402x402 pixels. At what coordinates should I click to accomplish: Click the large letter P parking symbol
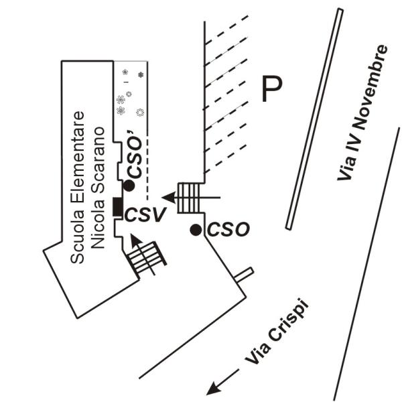(x=272, y=88)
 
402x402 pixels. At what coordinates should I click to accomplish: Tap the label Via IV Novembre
(x=362, y=113)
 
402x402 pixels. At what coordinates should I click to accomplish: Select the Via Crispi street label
(x=276, y=331)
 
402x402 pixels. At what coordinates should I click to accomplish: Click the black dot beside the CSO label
(x=196, y=230)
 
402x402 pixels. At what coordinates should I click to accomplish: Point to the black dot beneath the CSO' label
(x=129, y=186)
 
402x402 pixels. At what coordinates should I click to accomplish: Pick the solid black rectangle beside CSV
(x=118, y=206)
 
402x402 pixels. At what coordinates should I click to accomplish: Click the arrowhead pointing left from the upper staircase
(x=168, y=198)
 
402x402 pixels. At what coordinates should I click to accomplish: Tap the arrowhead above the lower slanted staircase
(x=136, y=241)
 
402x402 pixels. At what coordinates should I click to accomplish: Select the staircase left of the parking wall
(x=189, y=198)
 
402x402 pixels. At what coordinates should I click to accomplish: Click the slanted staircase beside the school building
(x=147, y=259)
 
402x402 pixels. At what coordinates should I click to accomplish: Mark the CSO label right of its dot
(x=228, y=229)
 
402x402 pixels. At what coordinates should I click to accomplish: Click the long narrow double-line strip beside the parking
(x=315, y=119)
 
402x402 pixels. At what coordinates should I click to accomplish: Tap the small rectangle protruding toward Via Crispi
(x=245, y=275)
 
